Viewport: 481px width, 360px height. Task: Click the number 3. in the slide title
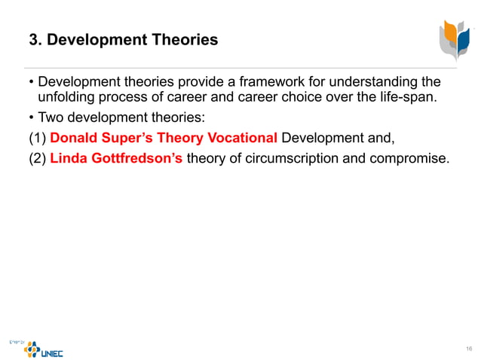coord(35,40)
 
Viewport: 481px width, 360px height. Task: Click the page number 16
coord(468,347)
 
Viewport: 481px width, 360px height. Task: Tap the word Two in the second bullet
coord(51,118)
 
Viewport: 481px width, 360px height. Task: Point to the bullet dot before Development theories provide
coord(32,81)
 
